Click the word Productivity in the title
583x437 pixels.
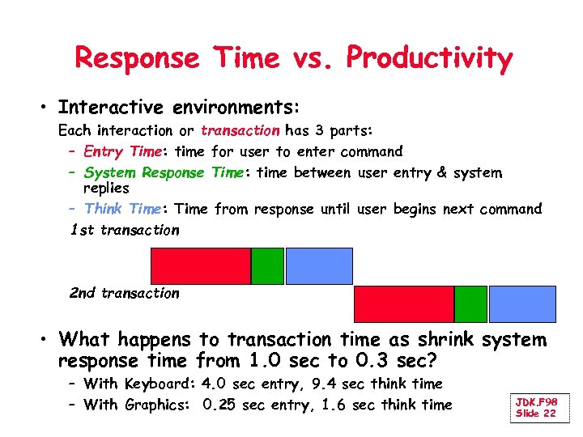click(429, 59)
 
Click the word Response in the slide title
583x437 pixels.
click(136, 59)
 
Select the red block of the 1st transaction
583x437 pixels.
click(201, 266)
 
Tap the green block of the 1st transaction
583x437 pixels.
click(267, 266)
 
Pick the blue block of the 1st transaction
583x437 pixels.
click(319, 266)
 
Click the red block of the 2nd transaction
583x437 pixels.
click(404, 304)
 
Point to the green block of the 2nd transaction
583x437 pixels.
click(470, 304)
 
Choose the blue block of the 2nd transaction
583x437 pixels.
click(522, 304)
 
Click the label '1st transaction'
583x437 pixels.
click(125, 230)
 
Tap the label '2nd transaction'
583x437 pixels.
click(125, 293)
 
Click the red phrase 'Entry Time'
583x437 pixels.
click(121, 151)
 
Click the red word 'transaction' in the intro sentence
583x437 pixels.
click(240, 130)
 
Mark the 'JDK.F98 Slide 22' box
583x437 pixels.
click(537, 408)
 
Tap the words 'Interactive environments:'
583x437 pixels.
click(179, 108)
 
